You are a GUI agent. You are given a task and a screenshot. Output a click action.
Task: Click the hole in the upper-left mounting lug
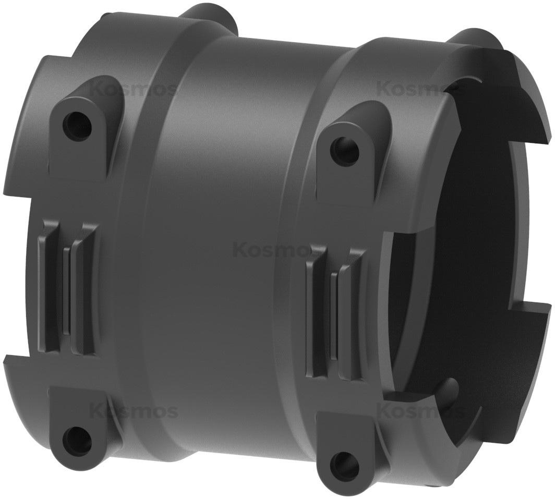[x=77, y=123]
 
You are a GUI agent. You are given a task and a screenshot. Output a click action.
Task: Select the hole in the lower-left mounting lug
[x=77, y=440]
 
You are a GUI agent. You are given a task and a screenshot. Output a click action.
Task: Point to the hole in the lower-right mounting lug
[x=344, y=462]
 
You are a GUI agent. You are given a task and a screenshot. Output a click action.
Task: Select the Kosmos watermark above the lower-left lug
[x=134, y=410]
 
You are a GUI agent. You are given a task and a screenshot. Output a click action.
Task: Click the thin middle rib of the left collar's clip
[x=66, y=289]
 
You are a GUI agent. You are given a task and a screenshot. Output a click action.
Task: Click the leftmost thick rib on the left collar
[x=46, y=287]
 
